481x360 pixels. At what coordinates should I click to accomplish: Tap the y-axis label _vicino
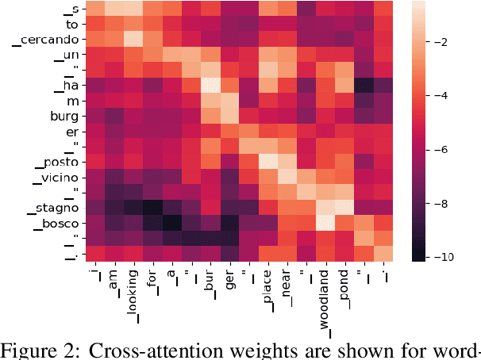click(56, 176)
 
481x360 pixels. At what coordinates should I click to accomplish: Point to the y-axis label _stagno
click(54, 207)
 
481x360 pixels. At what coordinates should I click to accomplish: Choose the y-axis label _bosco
click(56, 222)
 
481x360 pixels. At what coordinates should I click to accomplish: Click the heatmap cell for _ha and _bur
click(210, 85)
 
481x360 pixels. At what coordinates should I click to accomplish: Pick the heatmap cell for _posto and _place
click(267, 161)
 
